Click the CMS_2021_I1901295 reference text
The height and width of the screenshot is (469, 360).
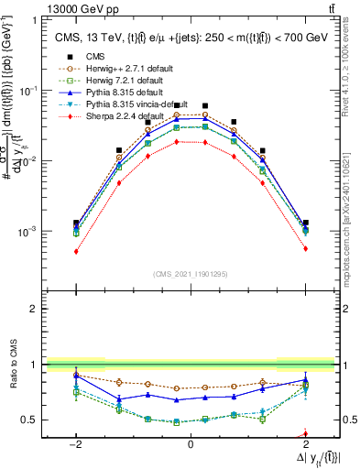(190, 274)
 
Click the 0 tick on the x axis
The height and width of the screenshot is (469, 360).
(190, 442)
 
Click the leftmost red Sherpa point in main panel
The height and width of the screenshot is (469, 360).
(76, 251)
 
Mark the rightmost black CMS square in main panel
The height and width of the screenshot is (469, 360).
(305, 223)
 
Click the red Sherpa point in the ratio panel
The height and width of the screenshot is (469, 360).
(305, 434)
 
